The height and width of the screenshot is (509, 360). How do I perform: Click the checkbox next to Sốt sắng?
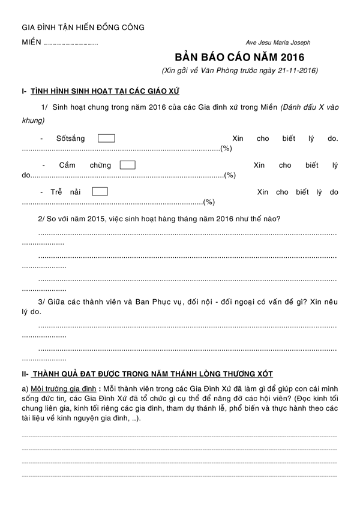pyautogui.click(x=106, y=138)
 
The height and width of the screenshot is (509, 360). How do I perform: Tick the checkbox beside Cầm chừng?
pyautogui.click(x=127, y=165)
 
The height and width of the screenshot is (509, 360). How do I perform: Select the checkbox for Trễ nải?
pyautogui.click(x=100, y=192)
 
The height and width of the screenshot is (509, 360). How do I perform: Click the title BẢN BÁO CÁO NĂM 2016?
pyautogui.click(x=239, y=58)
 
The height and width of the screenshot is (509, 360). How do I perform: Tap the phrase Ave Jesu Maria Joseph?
pyautogui.click(x=278, y=43)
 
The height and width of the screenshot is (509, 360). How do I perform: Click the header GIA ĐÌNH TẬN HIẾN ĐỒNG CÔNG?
pyautogui.click(x=83, y=28)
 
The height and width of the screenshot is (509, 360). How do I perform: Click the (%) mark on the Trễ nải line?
pyautogui.click(x=209, y=202)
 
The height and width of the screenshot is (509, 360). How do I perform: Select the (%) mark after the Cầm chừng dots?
pyautogui.click(x=229, y=175)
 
